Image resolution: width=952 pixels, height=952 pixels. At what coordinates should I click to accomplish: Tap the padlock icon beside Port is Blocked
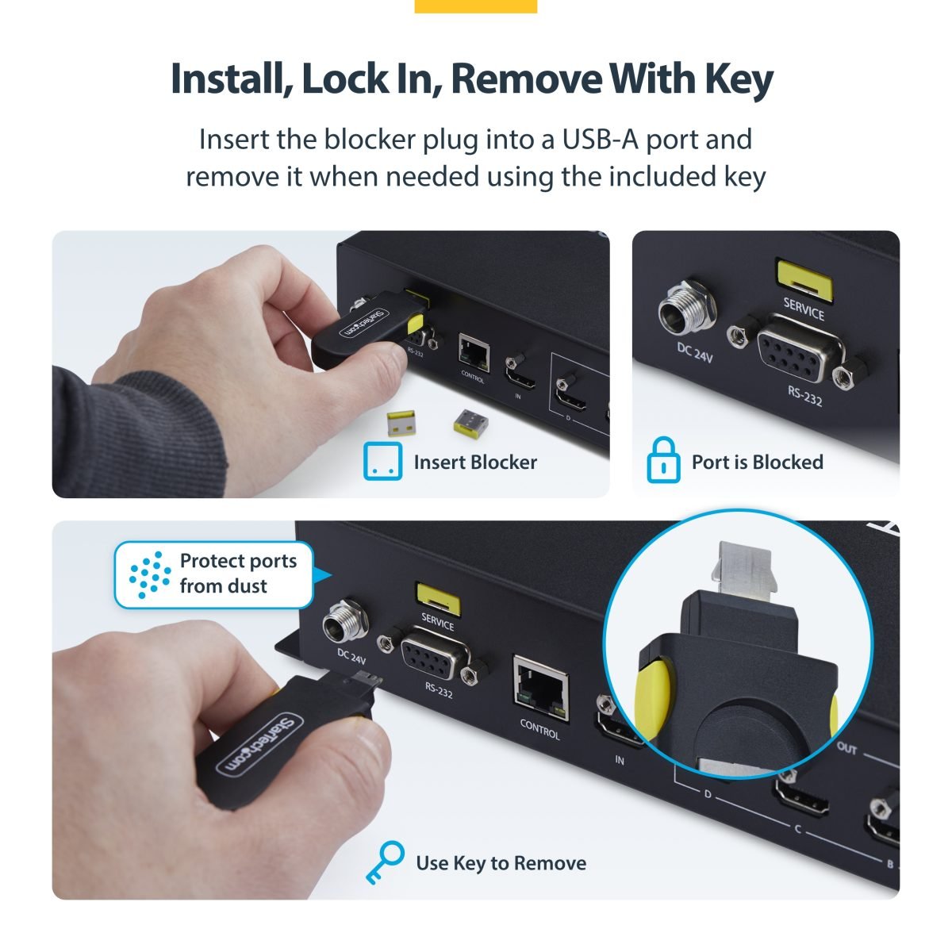(x=663, y=460)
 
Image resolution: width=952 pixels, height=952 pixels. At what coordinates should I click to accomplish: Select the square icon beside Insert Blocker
(x=383, y=461)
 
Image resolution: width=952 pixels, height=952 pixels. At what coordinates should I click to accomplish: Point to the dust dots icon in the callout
(x=150, y=574)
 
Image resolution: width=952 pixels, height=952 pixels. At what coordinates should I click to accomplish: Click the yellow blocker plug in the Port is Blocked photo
(x=804, y=280)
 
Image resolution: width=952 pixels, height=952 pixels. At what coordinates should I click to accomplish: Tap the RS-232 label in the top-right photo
(x=804, y=396)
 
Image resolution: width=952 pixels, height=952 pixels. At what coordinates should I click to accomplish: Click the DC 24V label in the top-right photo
(x=695, y=352)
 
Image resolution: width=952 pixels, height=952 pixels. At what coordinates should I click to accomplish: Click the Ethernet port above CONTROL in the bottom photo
(x=541, y=688)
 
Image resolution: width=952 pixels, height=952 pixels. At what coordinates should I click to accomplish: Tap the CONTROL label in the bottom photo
(x=540, y=729)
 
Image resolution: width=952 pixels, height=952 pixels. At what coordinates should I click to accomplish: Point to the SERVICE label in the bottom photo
(x=438, y=621)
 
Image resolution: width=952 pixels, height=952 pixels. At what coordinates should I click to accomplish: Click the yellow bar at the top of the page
(x=476, y=6)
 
